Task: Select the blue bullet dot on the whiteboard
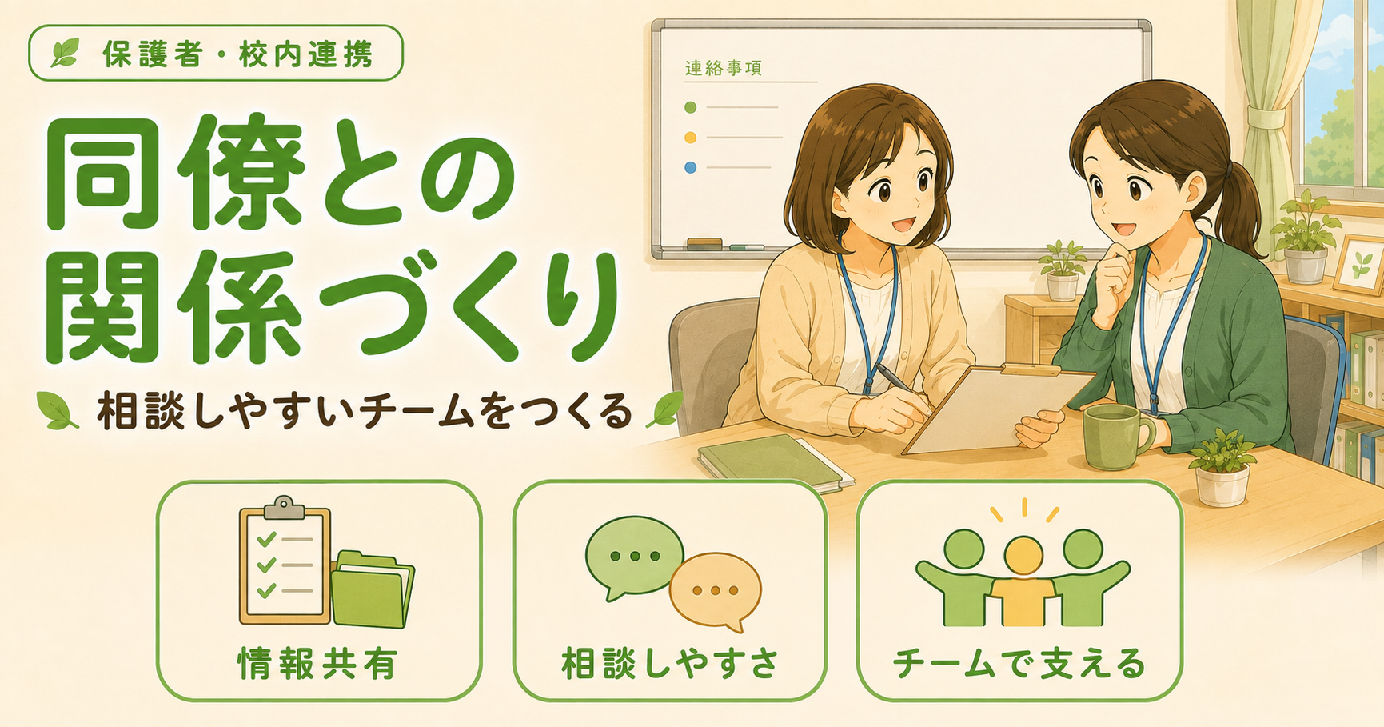coord(691,167)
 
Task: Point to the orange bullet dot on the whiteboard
coord(691,138)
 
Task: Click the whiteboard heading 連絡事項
coord(723,68)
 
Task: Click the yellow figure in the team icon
coord(1023,581)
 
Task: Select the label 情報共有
coord(317,664)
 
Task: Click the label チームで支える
coord(1019,664)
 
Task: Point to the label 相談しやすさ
coord(670,664)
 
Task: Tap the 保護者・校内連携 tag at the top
coord(216,54)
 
